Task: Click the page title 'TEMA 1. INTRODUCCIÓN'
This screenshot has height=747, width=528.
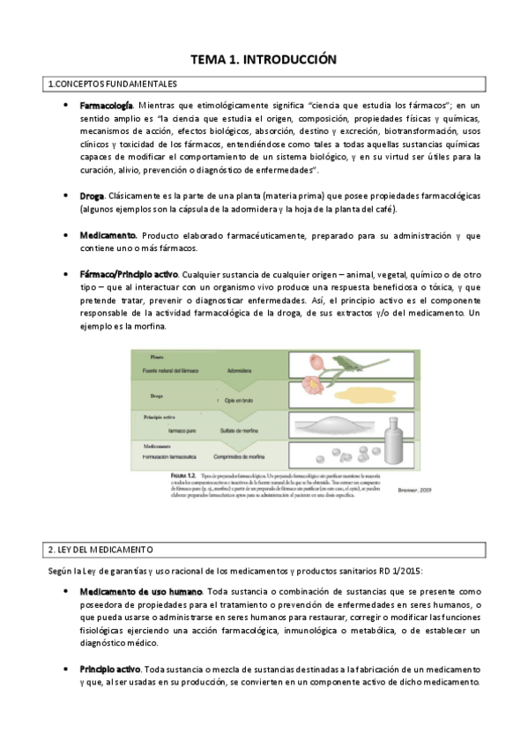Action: (264, 60)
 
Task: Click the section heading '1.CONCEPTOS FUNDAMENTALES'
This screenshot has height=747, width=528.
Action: (112, 85)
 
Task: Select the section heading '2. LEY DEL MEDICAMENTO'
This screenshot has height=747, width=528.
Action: (102, 550)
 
